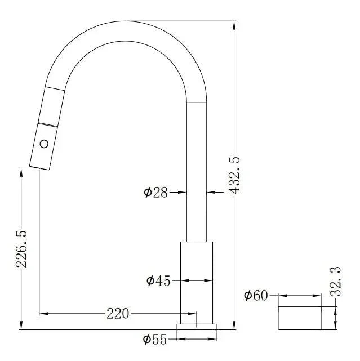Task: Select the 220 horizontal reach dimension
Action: (118, 314)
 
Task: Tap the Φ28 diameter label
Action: (156, 193)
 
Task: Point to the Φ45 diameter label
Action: (158, 280)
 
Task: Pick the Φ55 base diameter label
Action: (155, 339)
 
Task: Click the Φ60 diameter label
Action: (257, 295)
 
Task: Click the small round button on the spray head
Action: (45, 143)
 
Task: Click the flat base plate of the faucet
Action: (197, 327)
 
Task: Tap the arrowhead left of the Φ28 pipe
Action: (183, 193)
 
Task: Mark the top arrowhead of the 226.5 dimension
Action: (21, 171)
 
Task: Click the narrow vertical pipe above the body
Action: (197, 180)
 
